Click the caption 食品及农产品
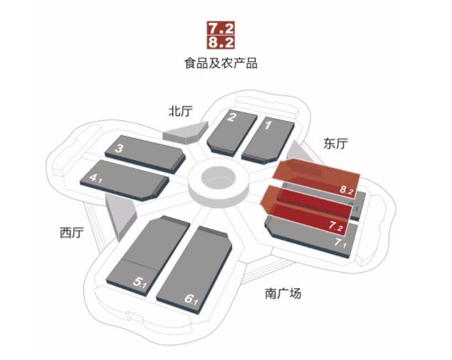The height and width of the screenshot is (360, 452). (221, 63)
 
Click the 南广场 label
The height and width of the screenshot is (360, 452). (283, 292)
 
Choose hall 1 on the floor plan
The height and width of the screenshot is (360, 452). (267, 137)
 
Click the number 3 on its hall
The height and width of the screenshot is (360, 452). (120, 148)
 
